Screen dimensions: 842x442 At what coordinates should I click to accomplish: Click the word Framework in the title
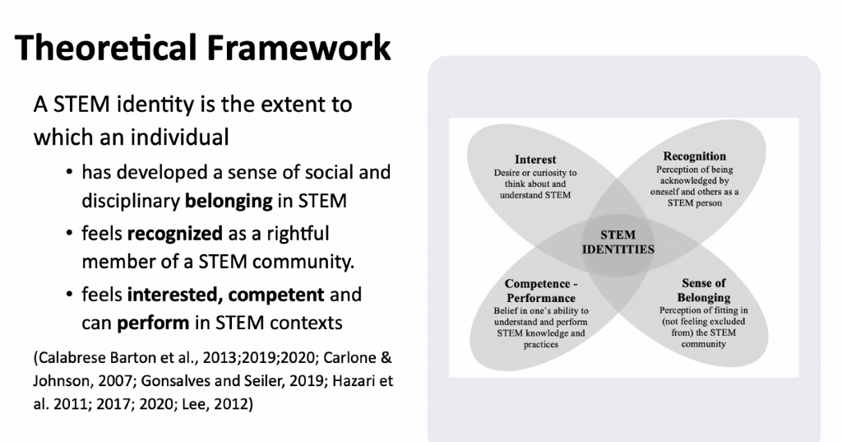pyautogui.click(x=298, y=47)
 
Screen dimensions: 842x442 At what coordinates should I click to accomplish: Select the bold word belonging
pyautogui.click(x=229, y=202)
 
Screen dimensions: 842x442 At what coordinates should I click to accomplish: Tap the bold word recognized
pyautogui.click(x=174, y=234)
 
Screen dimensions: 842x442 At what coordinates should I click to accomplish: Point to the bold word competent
pyautogui.click(x=276, y=295)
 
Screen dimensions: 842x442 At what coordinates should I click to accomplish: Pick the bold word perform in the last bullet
pyautogui.click(x=153, y=323)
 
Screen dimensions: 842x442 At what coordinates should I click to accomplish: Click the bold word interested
pyautogui.click(x=174, y=295)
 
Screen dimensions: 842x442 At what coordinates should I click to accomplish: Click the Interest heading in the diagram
pyautogui.click(x=535, y=160)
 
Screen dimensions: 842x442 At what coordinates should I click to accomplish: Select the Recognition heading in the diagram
pyautogui.click(x=694, y=156)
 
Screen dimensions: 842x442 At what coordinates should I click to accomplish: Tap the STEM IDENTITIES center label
pyautogui.click(x=618, y=242)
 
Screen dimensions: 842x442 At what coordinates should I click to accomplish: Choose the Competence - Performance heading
pyautogui.click(x=541, y=291)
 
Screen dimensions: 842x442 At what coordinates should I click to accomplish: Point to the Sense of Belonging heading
pyautogui.click(x=704, y=291)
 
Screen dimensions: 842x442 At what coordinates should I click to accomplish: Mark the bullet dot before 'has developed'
pyautogui.click(x=69, y=173)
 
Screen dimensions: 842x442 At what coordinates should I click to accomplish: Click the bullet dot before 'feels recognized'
pyautogui.click(x=69, y=234)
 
